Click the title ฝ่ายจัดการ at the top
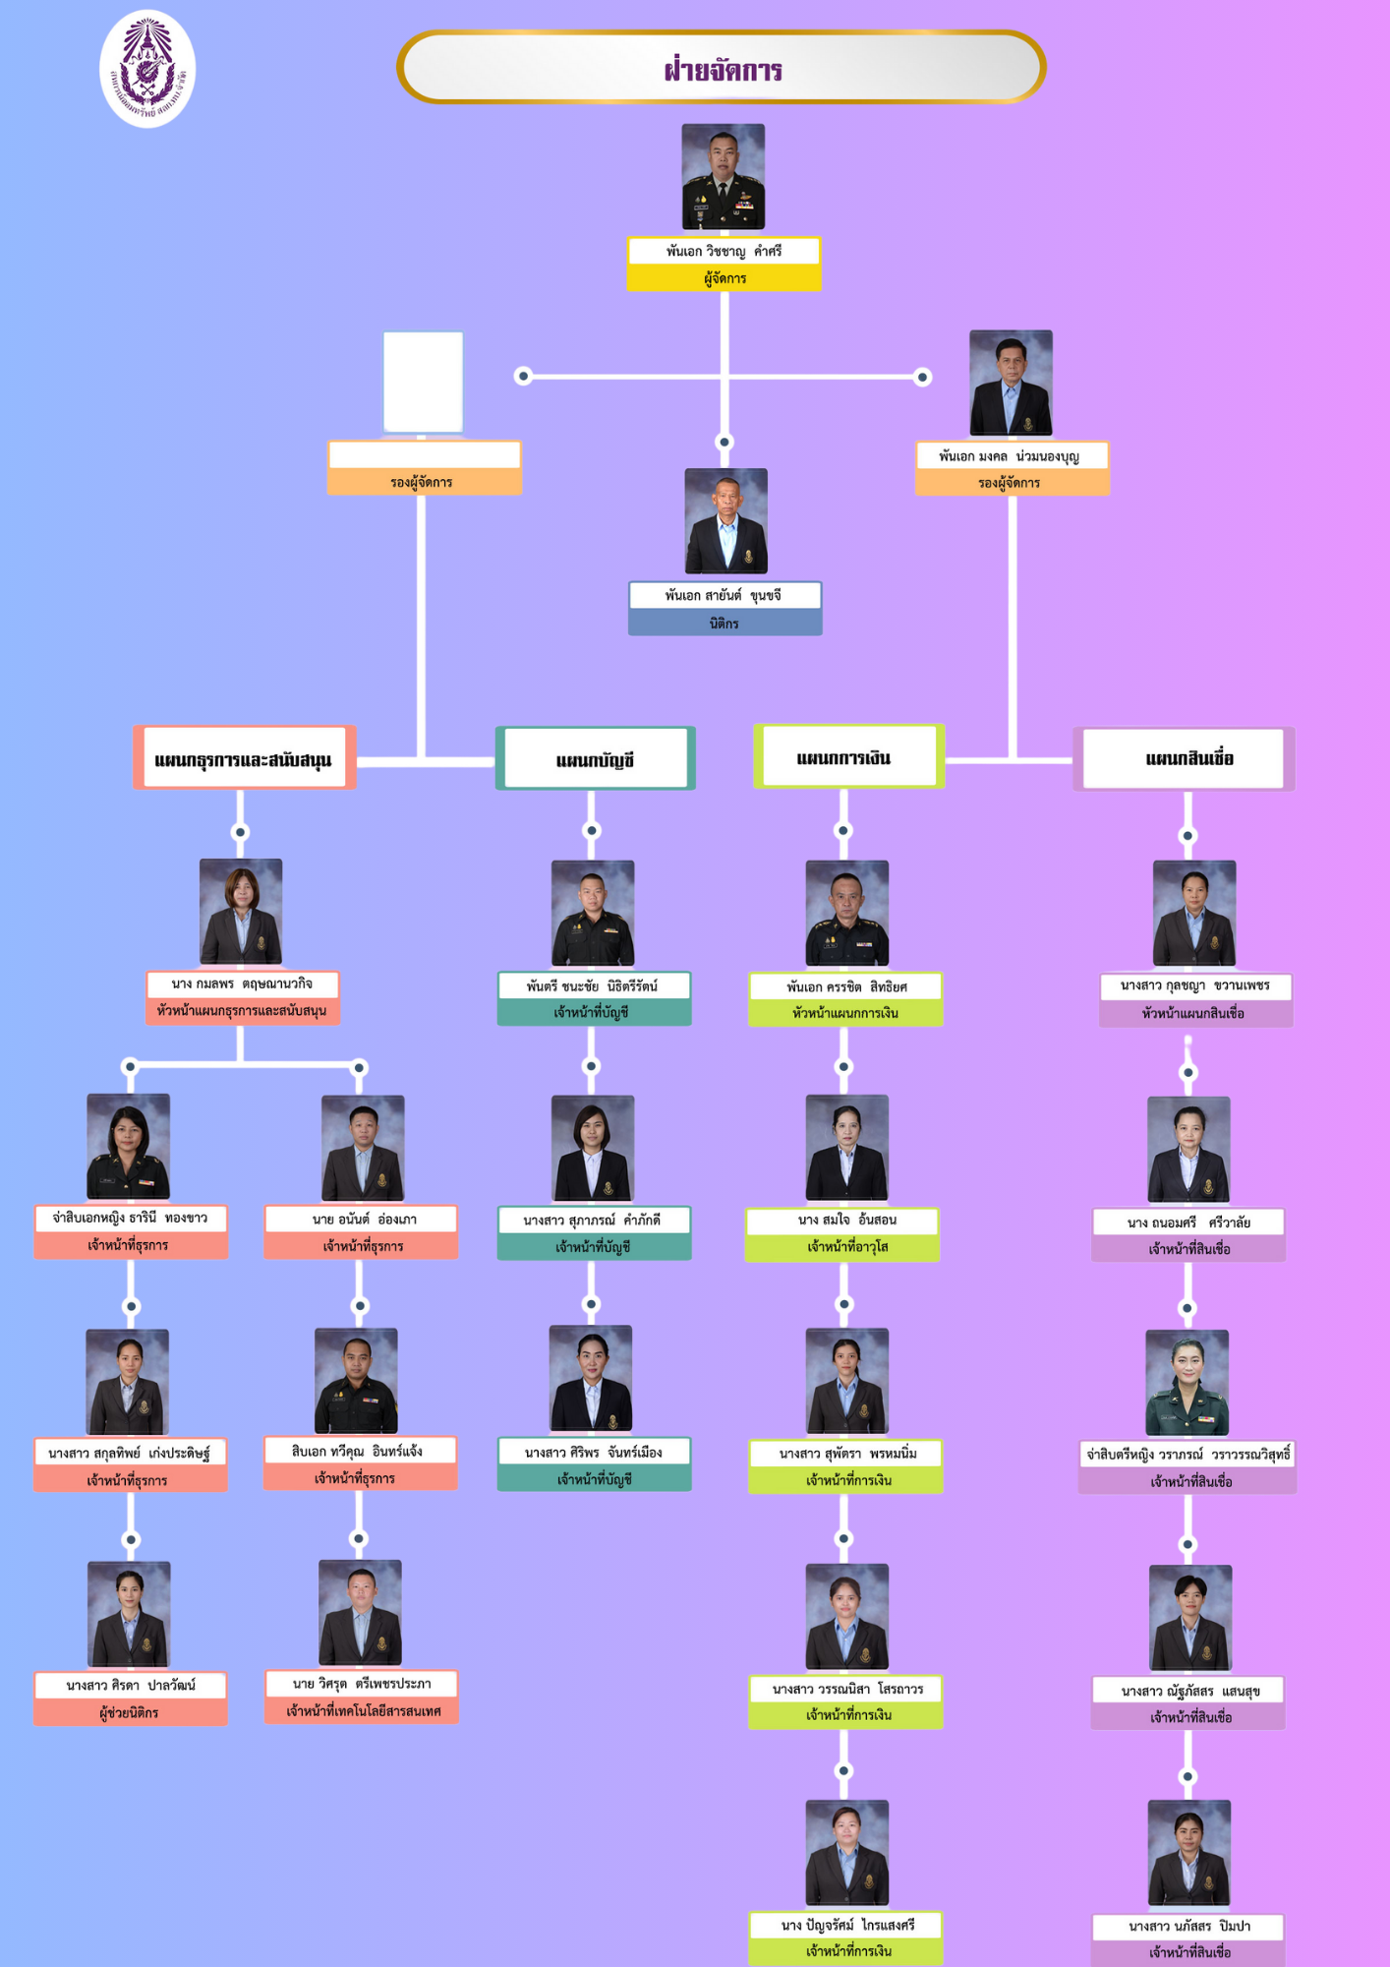[723, 69]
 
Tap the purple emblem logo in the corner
[147, 69]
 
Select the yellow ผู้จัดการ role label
[724, 278]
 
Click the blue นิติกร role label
[724, 623]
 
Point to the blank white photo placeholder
[423, 382]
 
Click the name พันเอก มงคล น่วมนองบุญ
[1010, 456]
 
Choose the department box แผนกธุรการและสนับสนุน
[244, 759]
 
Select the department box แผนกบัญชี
[595, 759]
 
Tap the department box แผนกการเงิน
[845, 757]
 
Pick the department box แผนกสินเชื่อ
[1187, 758]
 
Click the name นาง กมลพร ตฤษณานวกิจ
[242, 983]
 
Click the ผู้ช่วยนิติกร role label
[130, 1712]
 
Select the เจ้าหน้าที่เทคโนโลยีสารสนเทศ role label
[363, 1710]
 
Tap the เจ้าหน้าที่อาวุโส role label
[846, 1246]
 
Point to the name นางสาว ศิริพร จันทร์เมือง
[594, 1452]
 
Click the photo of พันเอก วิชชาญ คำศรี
[724, 177]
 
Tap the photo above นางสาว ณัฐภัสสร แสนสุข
[1189, 1617]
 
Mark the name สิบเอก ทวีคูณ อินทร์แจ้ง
[359, 1451]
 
